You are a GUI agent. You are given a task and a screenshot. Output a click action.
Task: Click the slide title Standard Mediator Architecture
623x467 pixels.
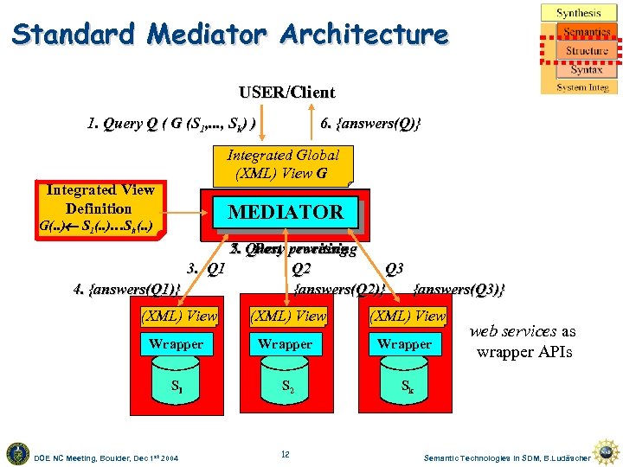click(x=230, y=35)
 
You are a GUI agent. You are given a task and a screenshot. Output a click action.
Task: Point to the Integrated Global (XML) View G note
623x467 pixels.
click(x=282, y=164)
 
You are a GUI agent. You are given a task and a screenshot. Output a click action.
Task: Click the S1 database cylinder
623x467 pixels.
click(x=176, y=387)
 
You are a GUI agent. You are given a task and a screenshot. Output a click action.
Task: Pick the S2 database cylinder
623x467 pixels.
click(x=286, y=387)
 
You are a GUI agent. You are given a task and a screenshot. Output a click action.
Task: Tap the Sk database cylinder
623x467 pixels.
click(x=404, y=387)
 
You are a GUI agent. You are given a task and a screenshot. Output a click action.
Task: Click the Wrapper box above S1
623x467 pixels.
click(x=176, y=344)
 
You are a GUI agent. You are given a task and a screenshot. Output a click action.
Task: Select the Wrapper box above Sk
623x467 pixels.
click(x=404, y=344)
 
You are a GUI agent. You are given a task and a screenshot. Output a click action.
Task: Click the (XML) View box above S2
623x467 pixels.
click(x=287, y=317)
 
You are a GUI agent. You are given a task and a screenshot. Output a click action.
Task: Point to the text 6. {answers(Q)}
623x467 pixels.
click(x=371, y=124)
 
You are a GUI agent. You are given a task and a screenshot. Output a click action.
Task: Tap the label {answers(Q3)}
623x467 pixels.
click(x=459, y=288)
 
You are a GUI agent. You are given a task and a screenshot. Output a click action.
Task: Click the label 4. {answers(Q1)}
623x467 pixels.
click(x=127, y=288)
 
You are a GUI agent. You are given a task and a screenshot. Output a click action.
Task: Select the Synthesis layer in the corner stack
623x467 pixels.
click(x=579, y=13)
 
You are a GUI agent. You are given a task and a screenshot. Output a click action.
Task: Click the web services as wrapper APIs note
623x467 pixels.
click(x=523, y=342)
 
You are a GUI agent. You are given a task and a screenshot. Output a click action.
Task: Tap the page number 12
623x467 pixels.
click(x=285, y=455)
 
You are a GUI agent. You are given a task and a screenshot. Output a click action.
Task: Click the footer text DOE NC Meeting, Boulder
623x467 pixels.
click(x=106, y=457)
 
